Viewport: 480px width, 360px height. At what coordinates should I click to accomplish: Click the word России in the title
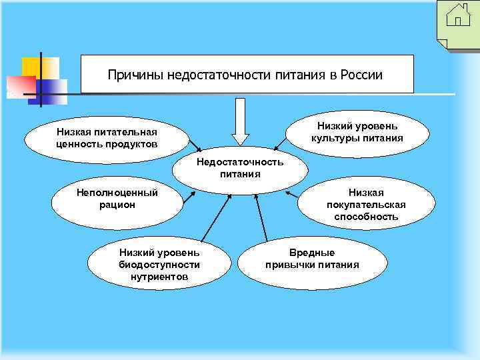(x=361, y=75)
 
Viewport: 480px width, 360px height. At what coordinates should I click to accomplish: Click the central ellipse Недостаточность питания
(x=240, y=169)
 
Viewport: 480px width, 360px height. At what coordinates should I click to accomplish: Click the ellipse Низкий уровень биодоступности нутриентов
(x=159, y=264)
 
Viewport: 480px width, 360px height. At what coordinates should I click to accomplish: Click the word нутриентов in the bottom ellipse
(x=159, y=276)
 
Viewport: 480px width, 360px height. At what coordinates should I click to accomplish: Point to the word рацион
(x=117, y=205)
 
